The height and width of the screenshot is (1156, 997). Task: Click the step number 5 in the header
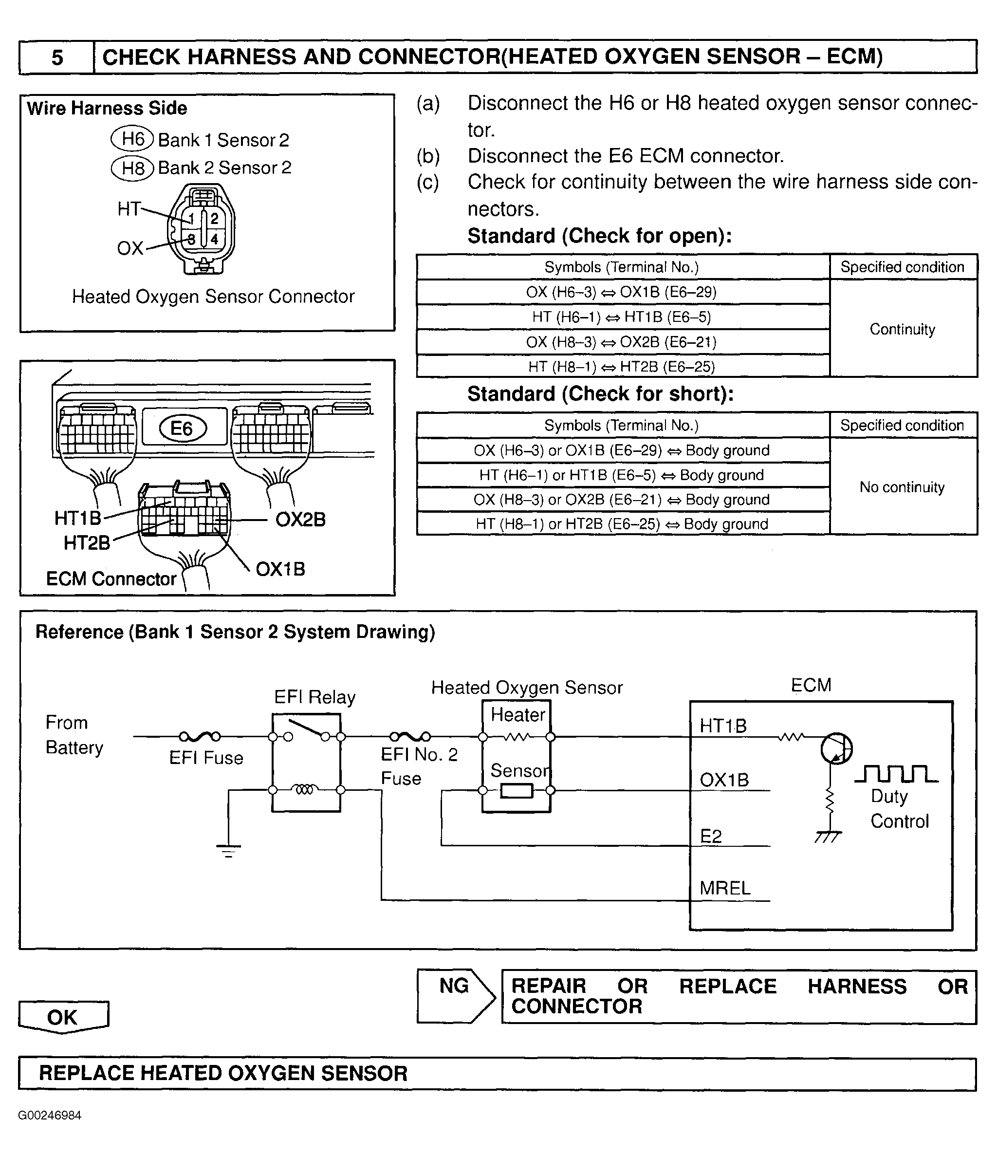coord(57,57)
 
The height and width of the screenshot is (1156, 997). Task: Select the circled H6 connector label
coord(132,138)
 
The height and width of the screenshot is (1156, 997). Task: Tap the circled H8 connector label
coord(132,168)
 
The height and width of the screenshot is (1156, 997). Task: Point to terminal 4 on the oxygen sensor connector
coord(214,240)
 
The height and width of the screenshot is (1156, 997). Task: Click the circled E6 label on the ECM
coord(183,428)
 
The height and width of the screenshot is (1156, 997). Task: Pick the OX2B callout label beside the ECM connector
coord(300,520)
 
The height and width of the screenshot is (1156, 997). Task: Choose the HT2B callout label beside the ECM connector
coord(87,543)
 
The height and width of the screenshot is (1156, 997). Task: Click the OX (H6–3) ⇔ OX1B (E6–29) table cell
coord(623,292)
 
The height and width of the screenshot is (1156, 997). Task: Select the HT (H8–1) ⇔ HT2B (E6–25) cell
coord(623,367)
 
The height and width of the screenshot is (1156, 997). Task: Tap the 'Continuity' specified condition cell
coord(903,329)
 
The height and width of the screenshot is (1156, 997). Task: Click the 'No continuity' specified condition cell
coord(903,487)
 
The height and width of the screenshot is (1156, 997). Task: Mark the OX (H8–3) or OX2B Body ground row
coord(623,499)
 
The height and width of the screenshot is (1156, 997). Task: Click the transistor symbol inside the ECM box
coord(836,748)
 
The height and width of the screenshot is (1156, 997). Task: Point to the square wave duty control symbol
coord(896,774)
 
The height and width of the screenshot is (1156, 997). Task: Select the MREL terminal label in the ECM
coord(725,888)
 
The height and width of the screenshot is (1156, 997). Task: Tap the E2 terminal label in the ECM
coord(711,836)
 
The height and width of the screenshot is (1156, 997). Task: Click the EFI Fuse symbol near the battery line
coord(199,736)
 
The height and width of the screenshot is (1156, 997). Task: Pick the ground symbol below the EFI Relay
coord(229,851)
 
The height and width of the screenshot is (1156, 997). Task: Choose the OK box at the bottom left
coord(63,1017)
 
